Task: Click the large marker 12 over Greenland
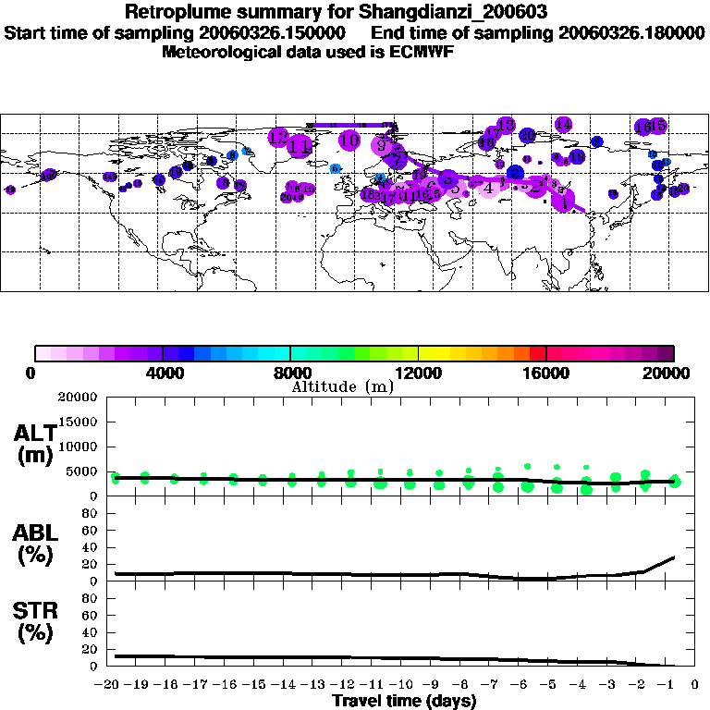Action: pyautogui.click(x=278, y=138)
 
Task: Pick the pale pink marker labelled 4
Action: pyautogui.click(x=488, y=189)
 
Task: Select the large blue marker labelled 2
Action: pyautogui.click(x=515, y=173)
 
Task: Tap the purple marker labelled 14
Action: pyautogui.click(x=563, y=124)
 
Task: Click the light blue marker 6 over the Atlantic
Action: pyautogui.click(x=336, y=168)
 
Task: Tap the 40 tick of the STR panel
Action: pyautogui.click(x=92, y=632)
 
